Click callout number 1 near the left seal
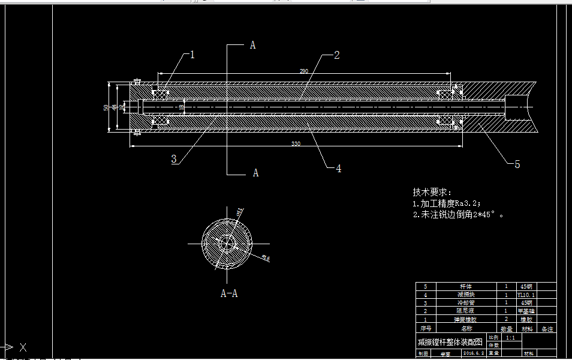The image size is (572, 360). (192, 55)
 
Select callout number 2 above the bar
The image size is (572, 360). (336, 55)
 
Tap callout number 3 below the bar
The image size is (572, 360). (174, 159)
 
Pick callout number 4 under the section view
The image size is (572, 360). (338, 169)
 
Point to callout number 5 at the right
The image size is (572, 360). (517, 164)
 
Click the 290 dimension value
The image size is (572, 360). (304, 71)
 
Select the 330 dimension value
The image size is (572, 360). (296, 144)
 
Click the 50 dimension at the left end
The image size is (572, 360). (106, 107)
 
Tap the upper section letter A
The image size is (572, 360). (252, 46)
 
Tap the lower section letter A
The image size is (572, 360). (255, 173)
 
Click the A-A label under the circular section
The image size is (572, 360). (229, 293)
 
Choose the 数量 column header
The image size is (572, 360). (506, 329)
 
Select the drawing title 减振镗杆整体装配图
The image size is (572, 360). (450, 342)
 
